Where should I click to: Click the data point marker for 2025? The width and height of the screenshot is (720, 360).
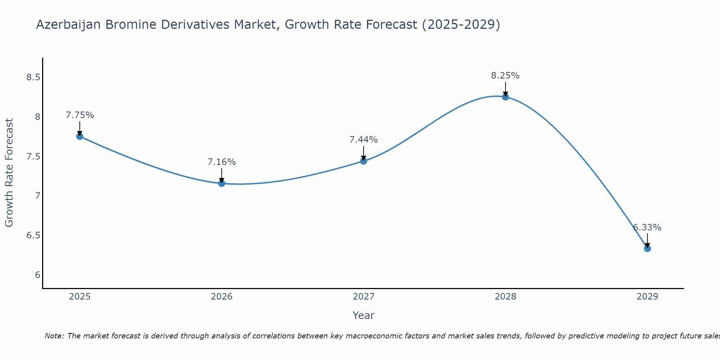click(x=80, y=136)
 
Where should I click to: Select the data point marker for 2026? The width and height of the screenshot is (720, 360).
click(x=222, y=183)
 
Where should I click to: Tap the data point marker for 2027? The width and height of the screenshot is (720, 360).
click(x=364, y=161)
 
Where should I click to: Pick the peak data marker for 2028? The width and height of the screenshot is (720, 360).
click(x=505, y=97)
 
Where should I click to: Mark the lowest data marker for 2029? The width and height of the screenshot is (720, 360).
click(x=647, y=248)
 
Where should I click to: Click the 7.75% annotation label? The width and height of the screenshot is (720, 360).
click(x=80, y=115)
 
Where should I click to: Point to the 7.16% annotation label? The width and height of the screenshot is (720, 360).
click(x=222, y=162)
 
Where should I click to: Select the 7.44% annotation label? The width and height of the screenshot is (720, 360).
click(x=364, y=140)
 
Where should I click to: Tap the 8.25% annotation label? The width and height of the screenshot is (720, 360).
click(x=505, y=76)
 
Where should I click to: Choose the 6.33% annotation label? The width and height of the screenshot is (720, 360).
click(x=647, y=228)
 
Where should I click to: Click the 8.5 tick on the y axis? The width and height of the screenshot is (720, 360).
click(x=33, y=77)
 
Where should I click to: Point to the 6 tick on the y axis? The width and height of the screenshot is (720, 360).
click(x=37, y=275)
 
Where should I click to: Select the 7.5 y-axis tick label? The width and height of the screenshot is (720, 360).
click(x=33, y=157)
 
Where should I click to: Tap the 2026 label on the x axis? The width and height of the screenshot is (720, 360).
click(x=222, y=297)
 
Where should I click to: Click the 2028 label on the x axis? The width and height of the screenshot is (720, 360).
click(x=505, y=297)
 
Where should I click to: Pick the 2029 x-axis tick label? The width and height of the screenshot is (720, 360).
click(x=647, y=297)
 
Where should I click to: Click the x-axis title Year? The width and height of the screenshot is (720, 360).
click(x=364, y=315)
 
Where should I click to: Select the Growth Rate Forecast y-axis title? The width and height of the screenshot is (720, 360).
click(x=9, y=173)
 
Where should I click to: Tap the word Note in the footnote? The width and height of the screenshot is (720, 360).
click(x=54, y=336)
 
